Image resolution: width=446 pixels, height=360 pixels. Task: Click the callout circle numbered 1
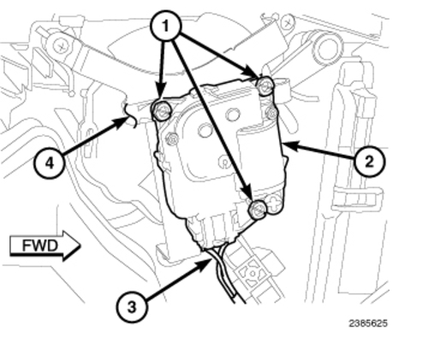click(166, 27)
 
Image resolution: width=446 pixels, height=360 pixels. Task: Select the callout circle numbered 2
click(369, 162)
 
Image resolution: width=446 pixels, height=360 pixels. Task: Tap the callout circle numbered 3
click(132, 307)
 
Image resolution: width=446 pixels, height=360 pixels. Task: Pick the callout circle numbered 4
click(50, 163)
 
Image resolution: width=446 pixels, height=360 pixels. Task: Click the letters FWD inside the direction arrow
click(40, 245)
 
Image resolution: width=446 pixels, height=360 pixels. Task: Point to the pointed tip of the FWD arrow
click(80, 245)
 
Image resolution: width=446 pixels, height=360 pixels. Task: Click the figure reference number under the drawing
click(368, 323)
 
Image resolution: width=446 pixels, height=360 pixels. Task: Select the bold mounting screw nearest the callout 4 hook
click(162, 110)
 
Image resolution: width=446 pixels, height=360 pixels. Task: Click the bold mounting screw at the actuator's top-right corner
click(265, 86)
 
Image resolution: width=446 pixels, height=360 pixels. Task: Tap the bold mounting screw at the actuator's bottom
click(258, 210)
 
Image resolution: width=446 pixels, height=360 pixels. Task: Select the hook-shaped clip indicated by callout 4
click(130, 115)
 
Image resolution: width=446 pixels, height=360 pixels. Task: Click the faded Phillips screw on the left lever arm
click(61, 46)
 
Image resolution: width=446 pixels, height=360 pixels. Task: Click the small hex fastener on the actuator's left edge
click(172, 139)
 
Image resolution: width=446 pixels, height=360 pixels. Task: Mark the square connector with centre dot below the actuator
click(253, 274)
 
